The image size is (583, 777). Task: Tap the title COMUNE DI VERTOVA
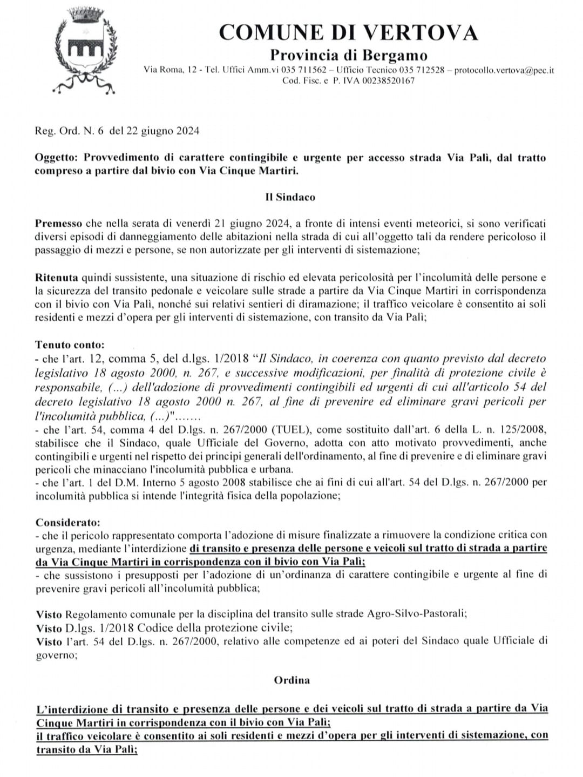click(348, 33)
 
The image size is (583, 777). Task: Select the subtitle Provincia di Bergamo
click(348, 55)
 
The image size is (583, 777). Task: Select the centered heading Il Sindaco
click(290, 197)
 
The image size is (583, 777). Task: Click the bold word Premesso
click(58, 223)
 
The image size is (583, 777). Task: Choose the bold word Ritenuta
click(57, 278)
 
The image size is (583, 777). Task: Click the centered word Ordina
click(291, 680)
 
